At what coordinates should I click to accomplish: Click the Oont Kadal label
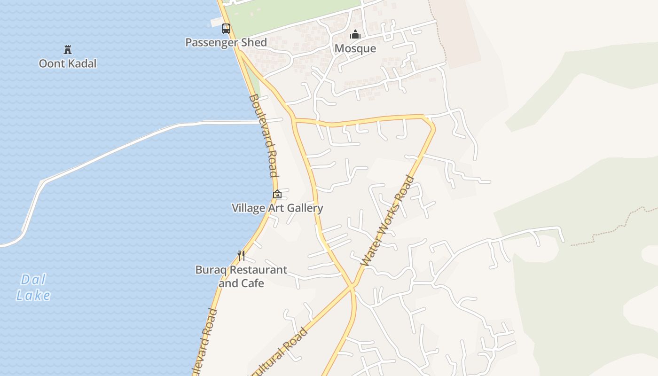68,63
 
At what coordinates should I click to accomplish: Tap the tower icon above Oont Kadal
68,49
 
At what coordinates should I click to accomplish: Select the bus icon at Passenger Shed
226,29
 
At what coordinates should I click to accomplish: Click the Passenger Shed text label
226,42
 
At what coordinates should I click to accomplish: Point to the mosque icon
355,34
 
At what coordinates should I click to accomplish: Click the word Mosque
355,48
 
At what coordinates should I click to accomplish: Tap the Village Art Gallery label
277,208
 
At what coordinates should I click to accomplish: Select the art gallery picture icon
277,194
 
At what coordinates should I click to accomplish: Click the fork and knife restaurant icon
241,255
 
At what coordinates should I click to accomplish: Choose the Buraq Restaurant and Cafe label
241,276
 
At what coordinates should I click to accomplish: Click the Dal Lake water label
33,287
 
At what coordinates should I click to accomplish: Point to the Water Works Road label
388,221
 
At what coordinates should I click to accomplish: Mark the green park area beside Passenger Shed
291,14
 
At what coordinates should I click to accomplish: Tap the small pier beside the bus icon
216,22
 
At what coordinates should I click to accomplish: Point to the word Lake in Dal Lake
33,295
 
